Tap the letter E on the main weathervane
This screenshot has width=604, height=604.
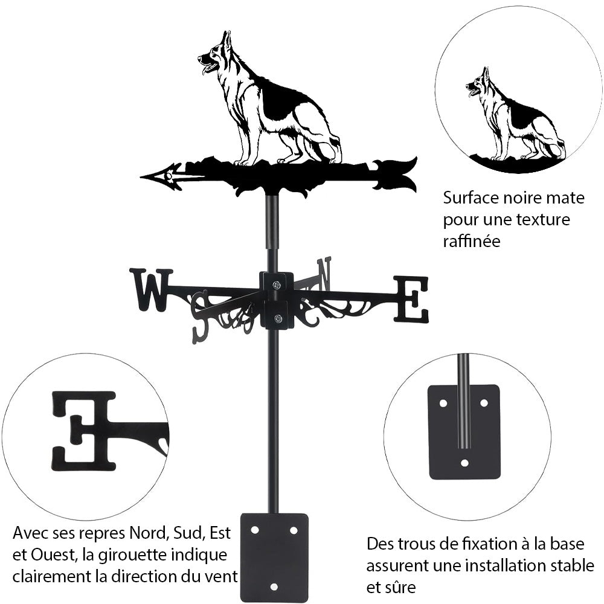click(x=411, y=298)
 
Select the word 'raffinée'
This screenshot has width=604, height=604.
click(x=472, y=241)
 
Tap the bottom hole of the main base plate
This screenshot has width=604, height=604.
click(x=274, y=586)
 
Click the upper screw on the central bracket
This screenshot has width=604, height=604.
click(x=276, y=285)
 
